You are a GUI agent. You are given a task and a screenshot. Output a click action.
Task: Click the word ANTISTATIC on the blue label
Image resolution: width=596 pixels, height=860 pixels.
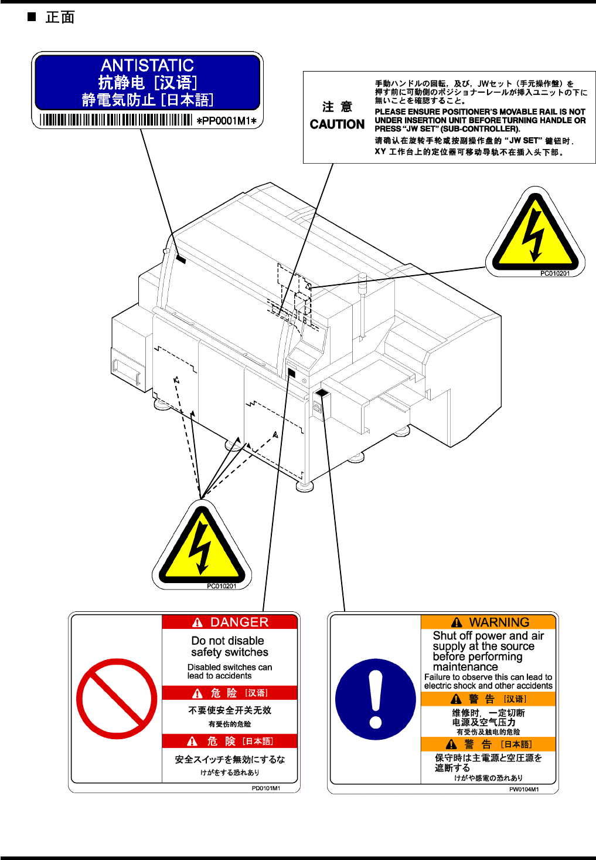[147, 65]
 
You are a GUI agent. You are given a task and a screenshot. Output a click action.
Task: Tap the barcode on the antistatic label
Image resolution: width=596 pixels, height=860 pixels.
[116, 120]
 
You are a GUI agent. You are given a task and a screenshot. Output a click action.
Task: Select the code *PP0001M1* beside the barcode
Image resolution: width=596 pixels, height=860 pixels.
[226, 121]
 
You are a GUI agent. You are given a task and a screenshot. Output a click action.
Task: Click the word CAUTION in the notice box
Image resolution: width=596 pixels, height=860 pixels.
[337, 124]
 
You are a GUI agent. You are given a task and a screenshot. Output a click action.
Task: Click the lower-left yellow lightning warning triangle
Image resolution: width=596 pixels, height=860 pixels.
[202, 547]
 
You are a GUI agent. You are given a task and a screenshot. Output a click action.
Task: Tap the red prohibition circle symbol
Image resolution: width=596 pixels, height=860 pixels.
[117, 699]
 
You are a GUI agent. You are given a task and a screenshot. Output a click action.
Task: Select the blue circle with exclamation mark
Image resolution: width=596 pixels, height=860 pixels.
[375, 699]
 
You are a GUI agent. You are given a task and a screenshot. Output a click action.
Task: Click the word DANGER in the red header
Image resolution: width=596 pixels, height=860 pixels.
[239, 622]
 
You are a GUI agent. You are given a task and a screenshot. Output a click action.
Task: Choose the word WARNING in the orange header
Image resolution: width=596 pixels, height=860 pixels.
[499, 622]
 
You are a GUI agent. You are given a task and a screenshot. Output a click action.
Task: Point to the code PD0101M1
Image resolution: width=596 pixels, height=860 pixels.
[266, 788]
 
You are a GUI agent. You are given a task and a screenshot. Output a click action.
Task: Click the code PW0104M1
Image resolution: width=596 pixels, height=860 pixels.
[524, 789]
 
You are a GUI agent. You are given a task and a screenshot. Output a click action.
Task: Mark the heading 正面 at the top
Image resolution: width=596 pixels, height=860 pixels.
[60, 18]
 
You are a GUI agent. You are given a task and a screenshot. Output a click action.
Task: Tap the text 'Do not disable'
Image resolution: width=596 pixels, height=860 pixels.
[227, 641]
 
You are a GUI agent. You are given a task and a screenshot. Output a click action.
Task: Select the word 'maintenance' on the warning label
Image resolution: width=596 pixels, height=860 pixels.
[465, 667]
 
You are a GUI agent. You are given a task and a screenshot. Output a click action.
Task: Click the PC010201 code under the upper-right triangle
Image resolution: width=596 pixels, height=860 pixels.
[554, 273]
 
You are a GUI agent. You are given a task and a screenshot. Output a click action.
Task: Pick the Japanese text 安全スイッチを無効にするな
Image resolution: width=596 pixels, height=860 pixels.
[230, 759]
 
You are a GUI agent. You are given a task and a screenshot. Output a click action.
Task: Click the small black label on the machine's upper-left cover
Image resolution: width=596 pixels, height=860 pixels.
[180, 259]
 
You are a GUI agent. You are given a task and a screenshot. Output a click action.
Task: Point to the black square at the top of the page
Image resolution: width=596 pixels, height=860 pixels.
[32, 17]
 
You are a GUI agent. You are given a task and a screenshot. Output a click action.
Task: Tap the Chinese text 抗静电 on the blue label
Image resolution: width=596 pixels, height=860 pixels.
[121, 82]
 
